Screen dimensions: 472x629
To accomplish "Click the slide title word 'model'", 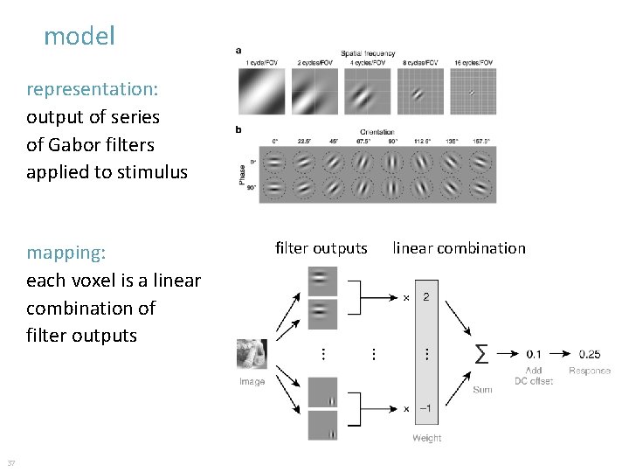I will pos(79,37).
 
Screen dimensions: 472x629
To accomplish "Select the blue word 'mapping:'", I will pos(66,253).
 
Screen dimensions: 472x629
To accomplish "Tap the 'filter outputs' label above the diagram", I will pos(321,248).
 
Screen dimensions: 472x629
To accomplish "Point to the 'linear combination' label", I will pos(459,248).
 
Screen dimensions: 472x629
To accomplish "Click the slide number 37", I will pos(10,462).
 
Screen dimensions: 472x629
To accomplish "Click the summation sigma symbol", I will pos(480,354).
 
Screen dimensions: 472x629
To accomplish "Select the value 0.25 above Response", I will pos(589,354).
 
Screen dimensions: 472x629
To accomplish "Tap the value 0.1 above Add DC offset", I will pos(533,354).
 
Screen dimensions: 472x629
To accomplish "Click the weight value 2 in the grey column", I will pos(426,297).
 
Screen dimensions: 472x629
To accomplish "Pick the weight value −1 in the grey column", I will pos(425,408).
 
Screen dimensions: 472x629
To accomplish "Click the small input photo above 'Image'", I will pos(252,354).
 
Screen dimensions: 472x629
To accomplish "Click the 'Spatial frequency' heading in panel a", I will pos(367,53).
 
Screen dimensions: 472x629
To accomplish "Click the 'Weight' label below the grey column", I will pos(426,438).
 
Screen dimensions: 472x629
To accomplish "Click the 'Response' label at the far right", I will pos(590,371).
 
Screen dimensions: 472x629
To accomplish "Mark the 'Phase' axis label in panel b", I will pos(242,175).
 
